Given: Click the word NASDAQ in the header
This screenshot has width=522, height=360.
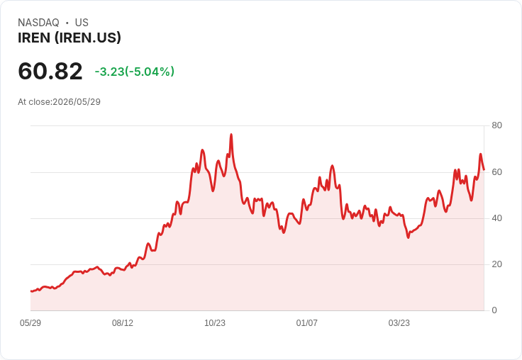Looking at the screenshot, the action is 38,23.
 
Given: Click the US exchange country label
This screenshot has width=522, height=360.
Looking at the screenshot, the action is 82,23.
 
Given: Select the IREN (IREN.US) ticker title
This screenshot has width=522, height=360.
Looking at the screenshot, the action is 70,38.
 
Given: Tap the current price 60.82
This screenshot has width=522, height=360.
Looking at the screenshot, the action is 50,71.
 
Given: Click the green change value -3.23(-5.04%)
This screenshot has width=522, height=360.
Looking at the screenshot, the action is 135,72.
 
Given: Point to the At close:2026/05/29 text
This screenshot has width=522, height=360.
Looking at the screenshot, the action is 60,102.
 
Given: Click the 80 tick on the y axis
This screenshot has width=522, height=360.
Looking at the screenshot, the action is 496,125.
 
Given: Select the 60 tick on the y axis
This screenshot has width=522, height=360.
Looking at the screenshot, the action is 496,172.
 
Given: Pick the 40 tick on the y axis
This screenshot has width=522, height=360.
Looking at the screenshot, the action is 496,218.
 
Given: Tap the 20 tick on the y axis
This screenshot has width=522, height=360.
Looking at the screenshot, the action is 496,264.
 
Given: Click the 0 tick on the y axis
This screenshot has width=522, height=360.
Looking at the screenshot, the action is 494,310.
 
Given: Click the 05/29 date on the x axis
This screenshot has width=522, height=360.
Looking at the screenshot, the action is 30,323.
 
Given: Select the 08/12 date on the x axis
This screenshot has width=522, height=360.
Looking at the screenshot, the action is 123,323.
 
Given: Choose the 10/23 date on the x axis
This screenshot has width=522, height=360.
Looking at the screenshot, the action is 215,323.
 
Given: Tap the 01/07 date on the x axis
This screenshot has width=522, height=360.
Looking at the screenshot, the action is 306,323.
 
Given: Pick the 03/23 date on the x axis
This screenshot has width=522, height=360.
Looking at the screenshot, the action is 399,323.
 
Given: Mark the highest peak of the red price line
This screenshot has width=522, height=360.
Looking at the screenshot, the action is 231,135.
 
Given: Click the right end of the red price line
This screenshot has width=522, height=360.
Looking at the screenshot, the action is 484,169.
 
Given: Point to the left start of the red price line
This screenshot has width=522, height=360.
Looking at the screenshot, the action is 30,291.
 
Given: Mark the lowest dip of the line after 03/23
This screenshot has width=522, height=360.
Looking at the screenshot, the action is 408,237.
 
